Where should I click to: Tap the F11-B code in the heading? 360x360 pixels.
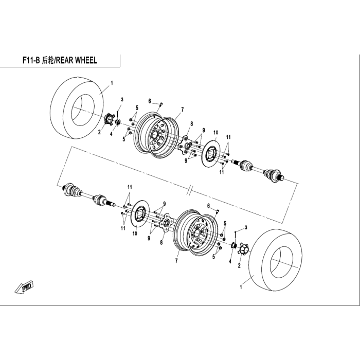tap(31, 60)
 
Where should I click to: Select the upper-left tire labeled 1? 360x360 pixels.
tap(76, 108)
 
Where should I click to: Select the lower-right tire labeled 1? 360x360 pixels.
tap(276, 260)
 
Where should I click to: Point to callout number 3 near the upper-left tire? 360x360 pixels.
tap(122, 100)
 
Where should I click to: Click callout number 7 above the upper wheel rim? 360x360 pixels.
tap(182, 110)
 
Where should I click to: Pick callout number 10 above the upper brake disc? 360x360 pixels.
tap(215, 133)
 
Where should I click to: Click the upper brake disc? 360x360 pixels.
tap(211, 153)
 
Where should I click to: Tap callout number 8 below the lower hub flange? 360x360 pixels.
tap(161, 242)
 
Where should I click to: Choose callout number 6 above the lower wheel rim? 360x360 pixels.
tap(208, 206)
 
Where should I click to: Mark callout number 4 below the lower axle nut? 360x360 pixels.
tap(230, 261)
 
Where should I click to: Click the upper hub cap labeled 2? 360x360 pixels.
tap(108, 119)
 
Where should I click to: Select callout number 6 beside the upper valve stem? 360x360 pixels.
tap(150, 101)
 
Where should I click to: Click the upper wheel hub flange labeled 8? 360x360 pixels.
tap(186, 146)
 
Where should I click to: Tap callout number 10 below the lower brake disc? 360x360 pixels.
tap(135, 233)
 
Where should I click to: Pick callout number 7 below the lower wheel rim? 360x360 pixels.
tap(176, 261)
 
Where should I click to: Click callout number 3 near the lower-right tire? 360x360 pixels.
tap(246, 227)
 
